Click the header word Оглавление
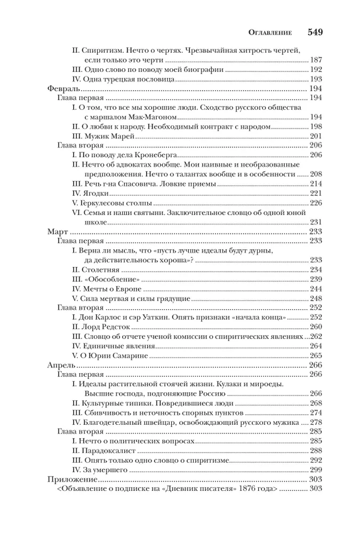click(267, 32)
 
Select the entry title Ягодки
click(97, 193)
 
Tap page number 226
click(316, 203)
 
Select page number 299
click(316, 471)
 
